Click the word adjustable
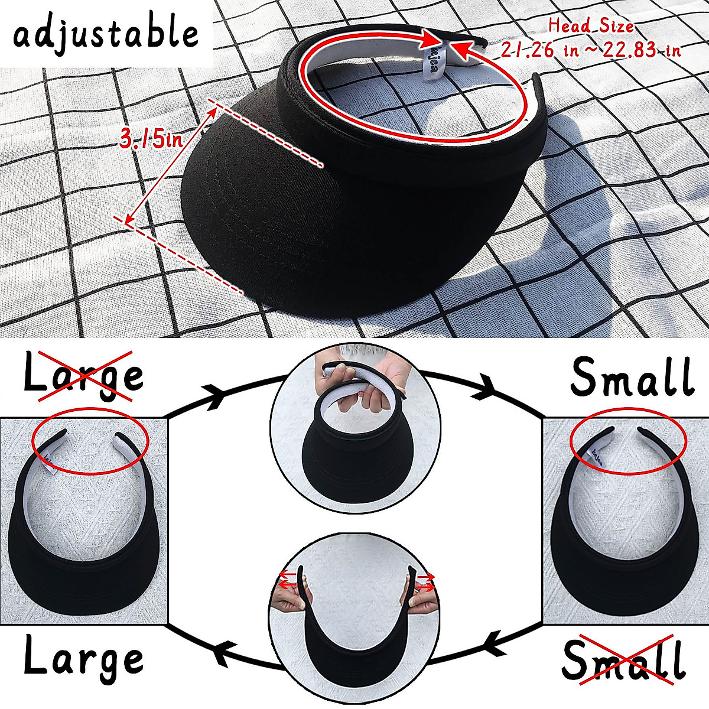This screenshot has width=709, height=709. (106, 35)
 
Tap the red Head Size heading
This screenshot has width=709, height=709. (591, 26)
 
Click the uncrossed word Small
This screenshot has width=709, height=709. (632, 376)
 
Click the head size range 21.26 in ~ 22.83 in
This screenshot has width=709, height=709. (591, 49)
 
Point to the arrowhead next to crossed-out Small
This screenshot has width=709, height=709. (495, 645)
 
